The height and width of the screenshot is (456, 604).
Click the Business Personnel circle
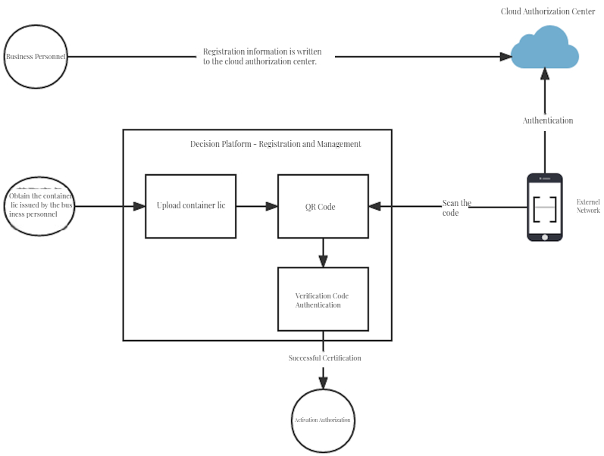click(36, 57)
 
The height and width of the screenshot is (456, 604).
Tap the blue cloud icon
click(544, 48)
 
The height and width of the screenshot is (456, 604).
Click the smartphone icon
click(545, 207)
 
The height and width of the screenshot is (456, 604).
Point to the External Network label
click(588, 206)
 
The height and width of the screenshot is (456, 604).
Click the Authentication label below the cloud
click(547, 120)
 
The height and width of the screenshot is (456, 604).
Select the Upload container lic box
click(190, 206)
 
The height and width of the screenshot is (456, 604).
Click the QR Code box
click(323, 206)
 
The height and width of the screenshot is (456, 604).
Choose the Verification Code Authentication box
click(323, 299)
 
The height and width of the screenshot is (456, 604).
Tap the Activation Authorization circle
click(323, 420)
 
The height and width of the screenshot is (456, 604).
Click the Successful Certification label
click(324, 358)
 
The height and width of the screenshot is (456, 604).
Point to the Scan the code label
click(456, 208)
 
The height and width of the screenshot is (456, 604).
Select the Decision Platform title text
click(275, 144)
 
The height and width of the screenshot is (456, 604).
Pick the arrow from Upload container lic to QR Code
click(257, 206)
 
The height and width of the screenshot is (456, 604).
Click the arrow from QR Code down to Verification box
click(324, 253)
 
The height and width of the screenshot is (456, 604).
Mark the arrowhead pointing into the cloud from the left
click(504, 57)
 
